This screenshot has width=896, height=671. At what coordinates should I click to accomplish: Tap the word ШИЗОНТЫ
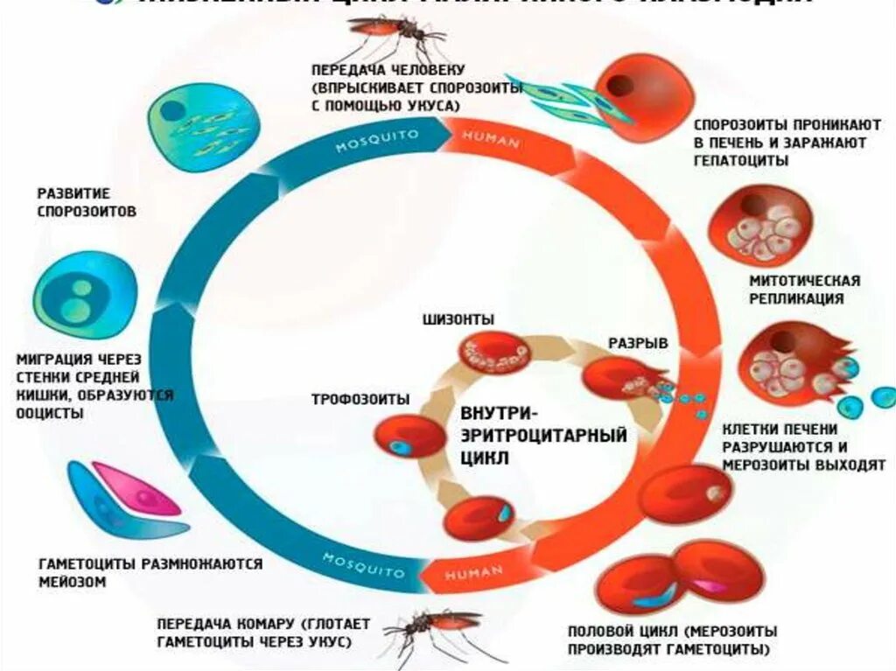(458, 319)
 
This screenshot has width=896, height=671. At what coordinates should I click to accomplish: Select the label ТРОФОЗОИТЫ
(361, 399)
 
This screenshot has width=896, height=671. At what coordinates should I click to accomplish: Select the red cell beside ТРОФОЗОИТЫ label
(409, 437)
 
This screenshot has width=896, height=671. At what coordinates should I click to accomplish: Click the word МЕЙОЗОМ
(72, 581)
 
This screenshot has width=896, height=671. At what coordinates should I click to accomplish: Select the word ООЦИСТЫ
(51, 413)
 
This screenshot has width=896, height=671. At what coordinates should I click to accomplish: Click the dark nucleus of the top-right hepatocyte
(623, 86)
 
